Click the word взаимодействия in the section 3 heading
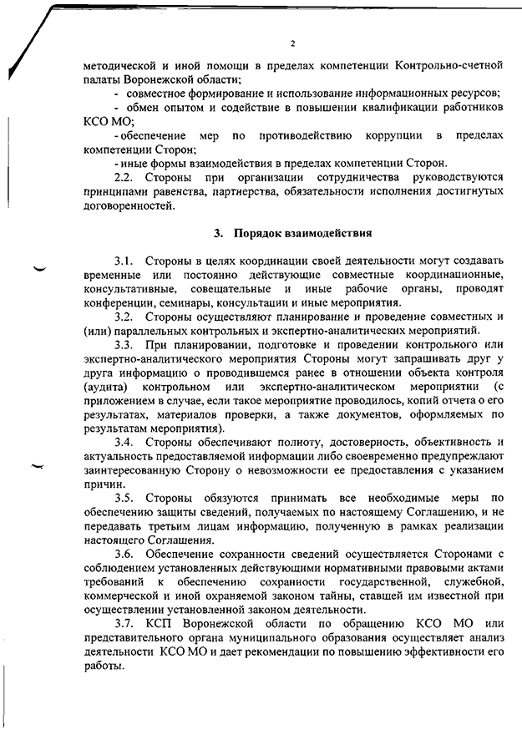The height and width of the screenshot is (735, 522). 325,231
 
